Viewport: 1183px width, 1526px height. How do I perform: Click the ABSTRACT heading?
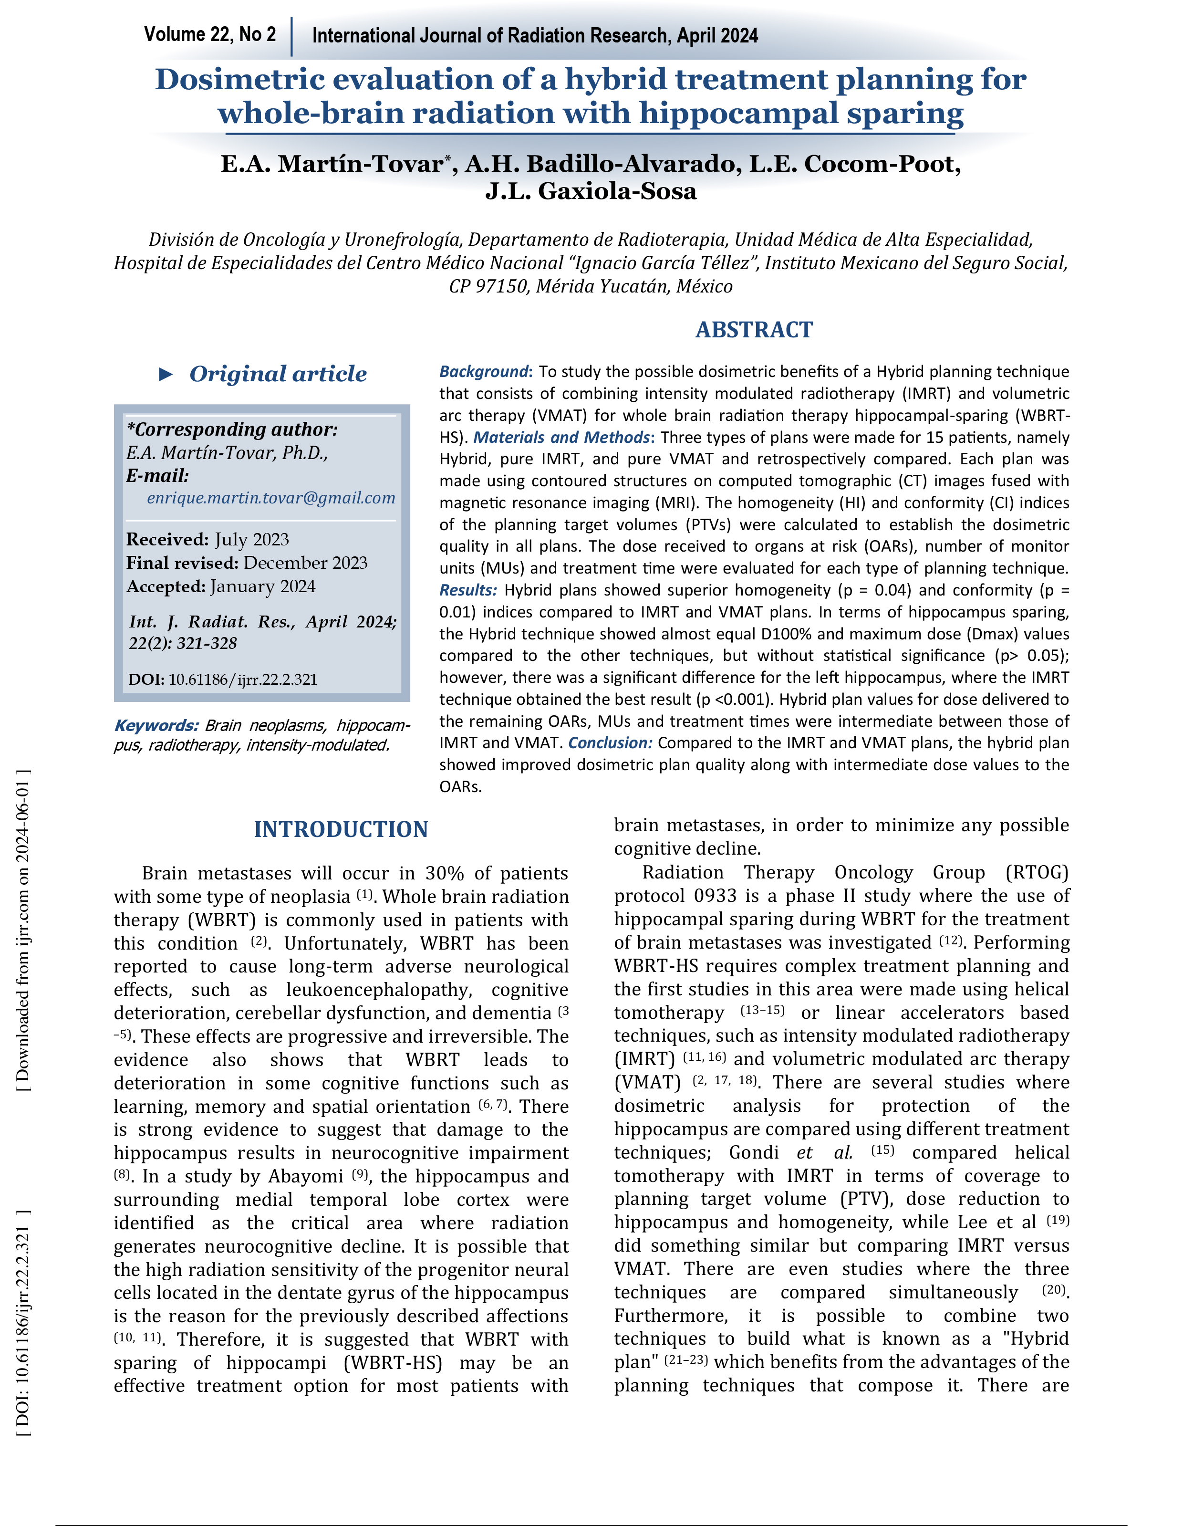[x=754, y=330]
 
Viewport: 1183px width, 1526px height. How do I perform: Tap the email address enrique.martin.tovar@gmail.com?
[x=271, y=498]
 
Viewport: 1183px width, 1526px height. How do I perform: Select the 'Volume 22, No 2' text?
[x=209, y=34]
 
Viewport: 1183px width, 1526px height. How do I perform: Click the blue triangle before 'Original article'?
[x=166, y=375]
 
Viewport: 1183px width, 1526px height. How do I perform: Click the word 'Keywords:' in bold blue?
[x=156, y=726]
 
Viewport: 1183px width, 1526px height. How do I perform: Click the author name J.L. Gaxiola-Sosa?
[x=591, y=191]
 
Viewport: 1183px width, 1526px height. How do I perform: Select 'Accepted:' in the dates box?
[x=166, y=587]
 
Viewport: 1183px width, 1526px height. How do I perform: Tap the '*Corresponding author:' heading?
[x=232, y=429]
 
